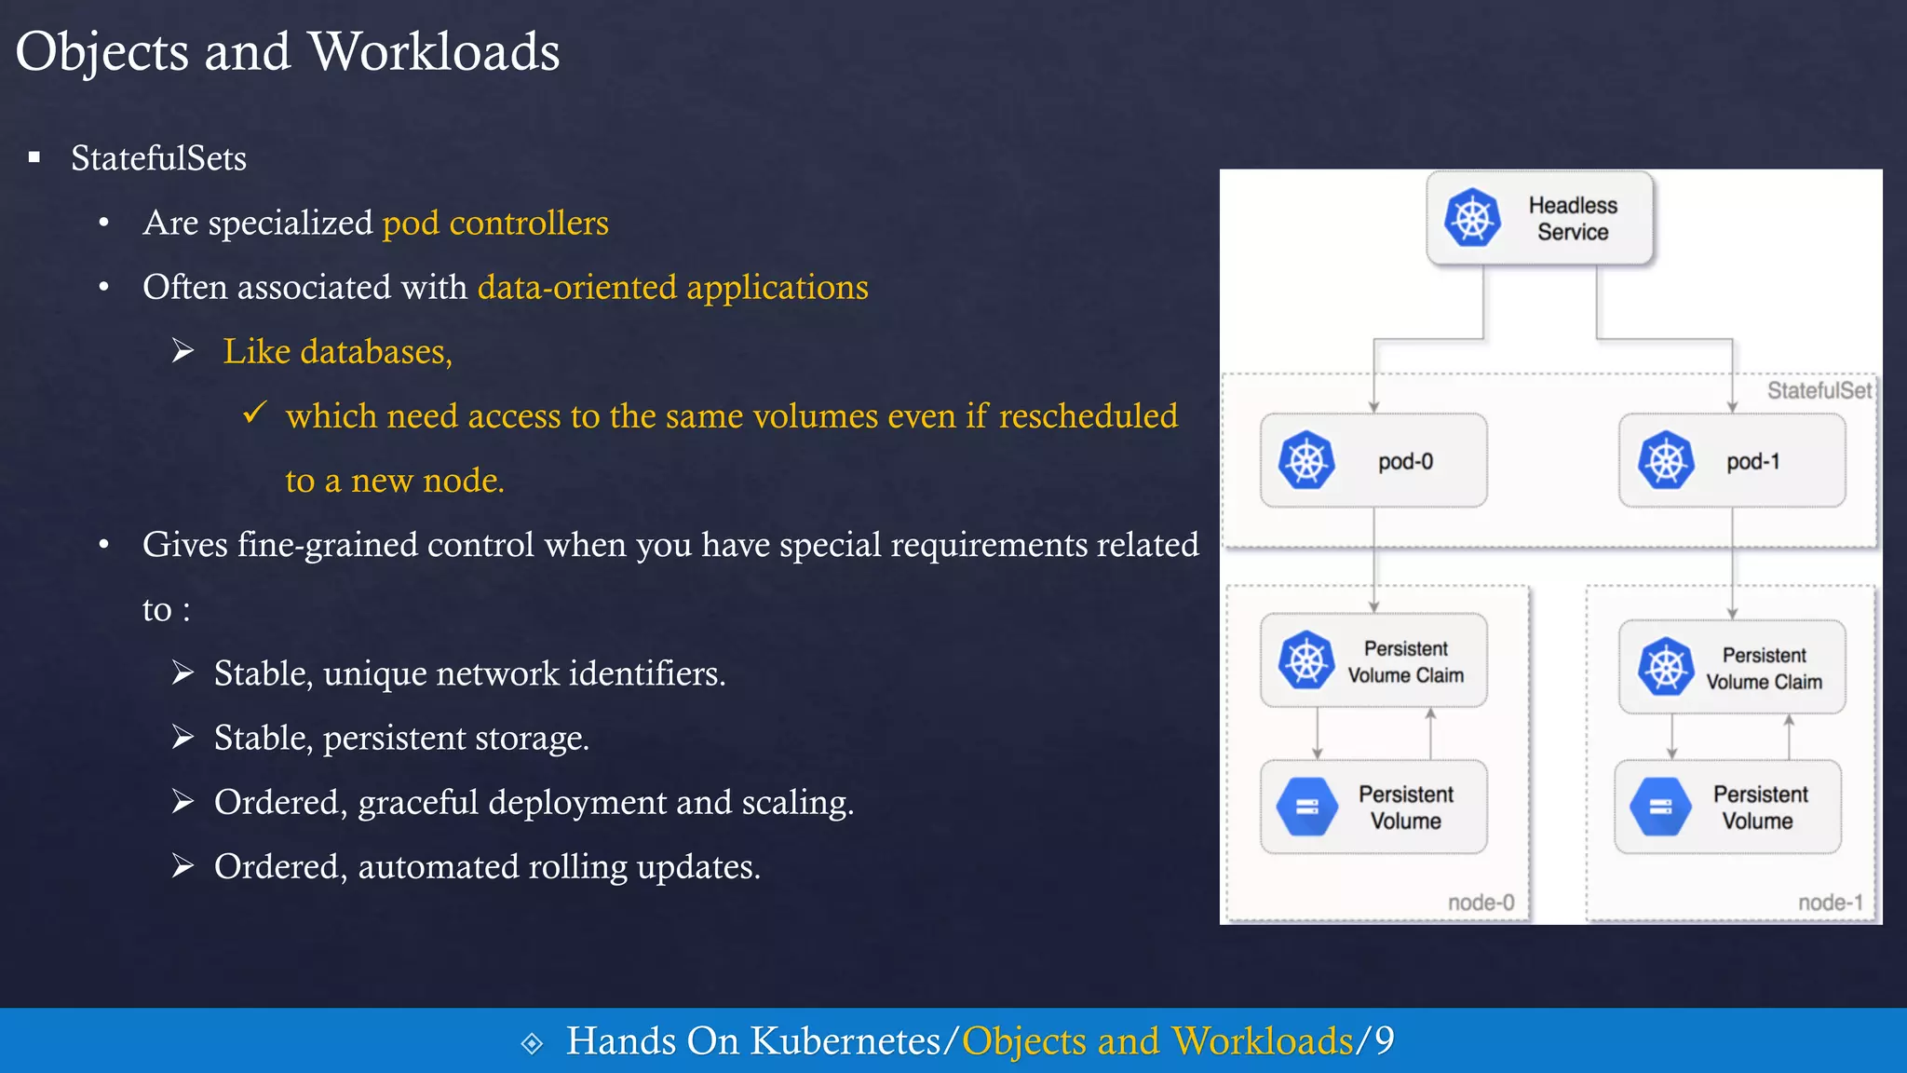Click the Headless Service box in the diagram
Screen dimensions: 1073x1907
(x=1540, y=219)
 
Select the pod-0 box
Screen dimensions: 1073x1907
(x=1373, y=461)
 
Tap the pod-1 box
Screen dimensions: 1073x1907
(x=1732, y=461)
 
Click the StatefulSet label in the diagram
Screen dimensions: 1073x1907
(x=1819, y=390)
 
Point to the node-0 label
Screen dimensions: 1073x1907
(x=1481, y=903)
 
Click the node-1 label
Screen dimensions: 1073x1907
(x=1830, y=903)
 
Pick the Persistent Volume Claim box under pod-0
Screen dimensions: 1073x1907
(x=1373, y=661)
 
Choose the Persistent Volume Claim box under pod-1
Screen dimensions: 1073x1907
(x=1732, y=668)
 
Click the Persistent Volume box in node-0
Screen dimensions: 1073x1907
(x=1373, y=808)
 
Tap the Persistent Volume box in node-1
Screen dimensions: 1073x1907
(x=1727, y=808)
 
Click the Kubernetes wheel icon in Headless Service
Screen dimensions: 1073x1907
(x=1472, y=218)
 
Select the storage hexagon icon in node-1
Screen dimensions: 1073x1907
(x=1660, y=807)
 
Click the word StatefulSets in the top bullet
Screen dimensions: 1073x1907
(x=158, y=158)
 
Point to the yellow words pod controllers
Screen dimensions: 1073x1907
(x=495, y=224)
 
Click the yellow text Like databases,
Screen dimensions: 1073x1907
(x=337, y=352)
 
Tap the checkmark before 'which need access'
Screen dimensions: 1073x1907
(x=254, y=413)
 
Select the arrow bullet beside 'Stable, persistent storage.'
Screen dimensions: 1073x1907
(x=183, y=738)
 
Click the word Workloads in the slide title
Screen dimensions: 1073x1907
(x=434, y=51)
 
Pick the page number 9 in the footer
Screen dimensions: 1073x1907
(x=1385, y=1041)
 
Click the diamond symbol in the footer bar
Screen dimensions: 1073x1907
(x=532, y=1043)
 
